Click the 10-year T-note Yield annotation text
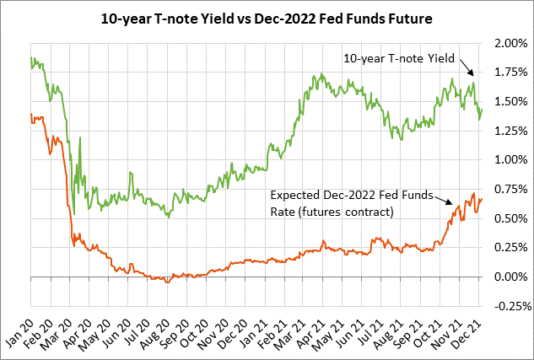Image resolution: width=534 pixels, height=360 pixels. pyautogui.click(x=400, y=58)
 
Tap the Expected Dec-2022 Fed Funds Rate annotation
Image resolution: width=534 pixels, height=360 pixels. pyautogui.click(x=352, y=202)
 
